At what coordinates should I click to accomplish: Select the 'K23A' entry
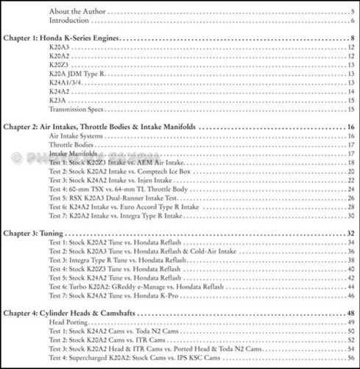coord(59,101)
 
